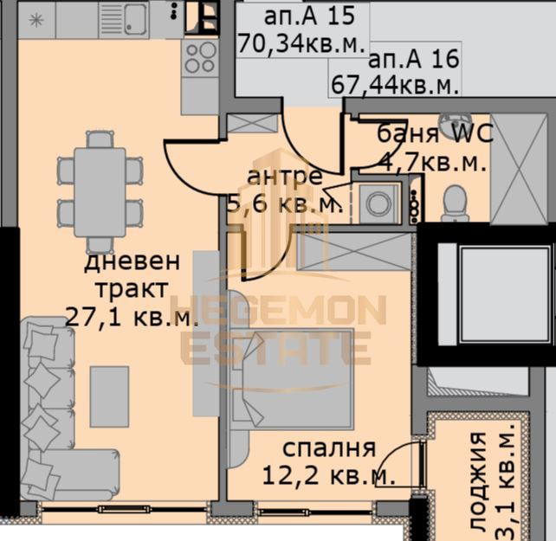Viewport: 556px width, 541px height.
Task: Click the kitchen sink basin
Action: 135,19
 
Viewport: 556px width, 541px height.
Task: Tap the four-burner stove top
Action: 200,58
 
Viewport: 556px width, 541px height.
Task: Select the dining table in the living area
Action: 100,192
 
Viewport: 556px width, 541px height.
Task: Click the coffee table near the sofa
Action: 109,396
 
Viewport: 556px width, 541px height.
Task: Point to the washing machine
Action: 378,203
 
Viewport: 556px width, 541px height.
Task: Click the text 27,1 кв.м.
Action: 132,318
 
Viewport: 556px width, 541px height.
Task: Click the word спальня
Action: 329,448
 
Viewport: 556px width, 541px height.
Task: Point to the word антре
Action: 285,177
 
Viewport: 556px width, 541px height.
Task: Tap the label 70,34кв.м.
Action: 301,44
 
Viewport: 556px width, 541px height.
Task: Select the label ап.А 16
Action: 414,59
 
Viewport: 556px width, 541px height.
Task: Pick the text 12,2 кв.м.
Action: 329,475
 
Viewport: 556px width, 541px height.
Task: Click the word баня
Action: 407,134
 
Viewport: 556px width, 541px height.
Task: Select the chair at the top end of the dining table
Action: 100,139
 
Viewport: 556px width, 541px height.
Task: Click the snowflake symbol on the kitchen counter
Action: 36,20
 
